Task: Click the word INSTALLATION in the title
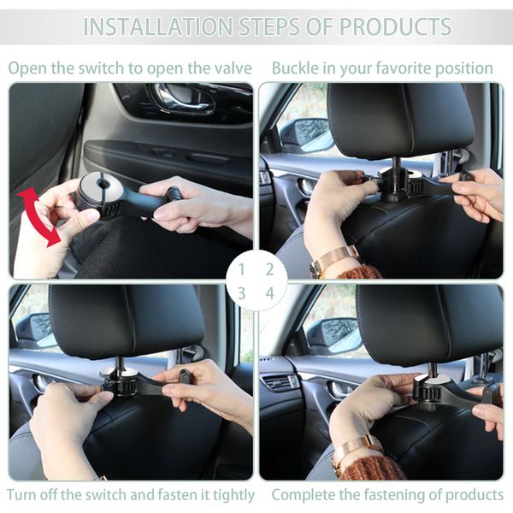pos(158,27)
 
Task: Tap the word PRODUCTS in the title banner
pos(395,27)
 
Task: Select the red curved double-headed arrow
pos(39,216)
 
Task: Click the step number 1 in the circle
pos(242,269)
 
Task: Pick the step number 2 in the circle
pos(269,269)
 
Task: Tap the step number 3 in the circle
pos(242,293)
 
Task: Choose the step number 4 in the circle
pos(270,293)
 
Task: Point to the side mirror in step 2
pos(307,135)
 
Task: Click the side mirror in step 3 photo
pos(35,330)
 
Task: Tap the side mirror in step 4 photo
pos(333,336)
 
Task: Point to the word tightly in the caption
pos(233,495)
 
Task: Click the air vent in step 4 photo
pos(280,382)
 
